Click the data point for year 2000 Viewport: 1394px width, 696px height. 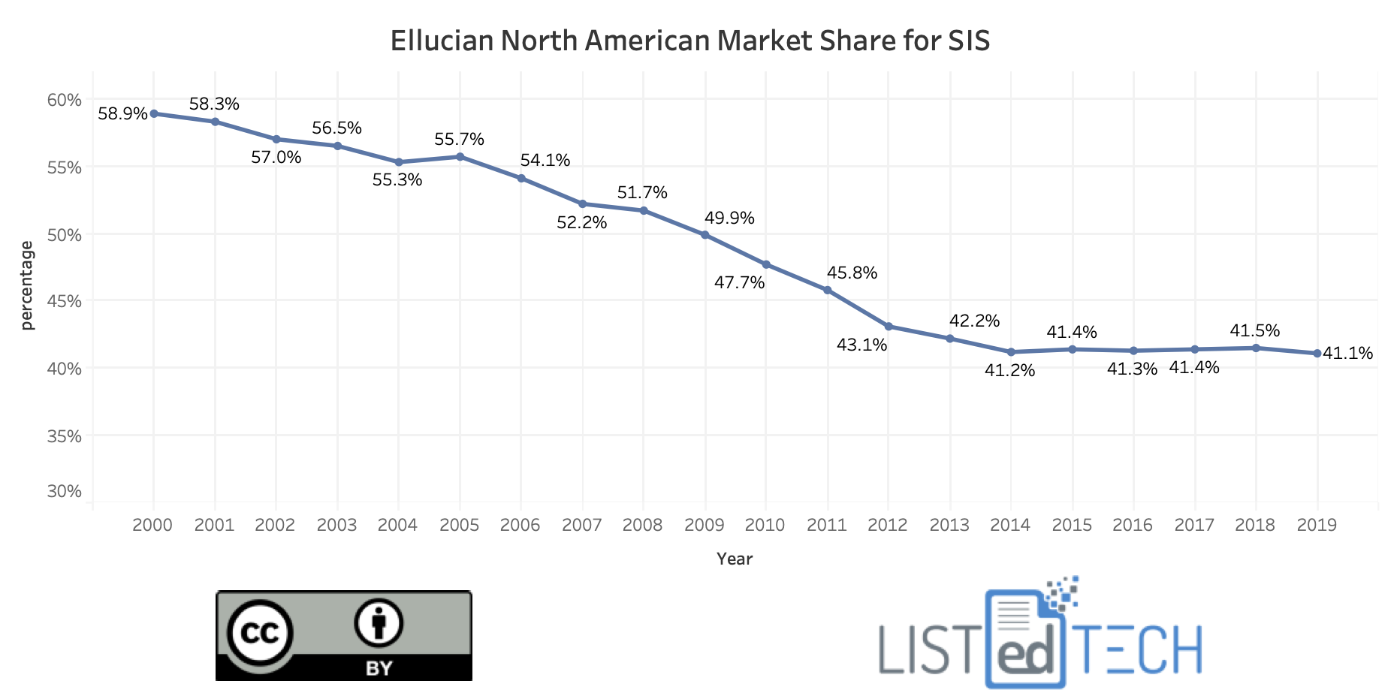[x=153, y=113]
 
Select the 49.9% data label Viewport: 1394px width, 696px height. [x=729, y=218]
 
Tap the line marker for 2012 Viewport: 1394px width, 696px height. [x=889, y=327]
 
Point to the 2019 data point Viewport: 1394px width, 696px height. [x=1317, y=354]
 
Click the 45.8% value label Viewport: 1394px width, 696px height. [x=852, y=273]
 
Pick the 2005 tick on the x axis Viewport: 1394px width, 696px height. [x=459, y=525]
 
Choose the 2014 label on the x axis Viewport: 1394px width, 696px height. [x=1010, y=525]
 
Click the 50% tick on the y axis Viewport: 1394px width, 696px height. [x=64, y=235]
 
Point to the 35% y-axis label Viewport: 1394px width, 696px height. [x=64, y=436]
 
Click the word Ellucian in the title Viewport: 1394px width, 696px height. [x=441, y=41]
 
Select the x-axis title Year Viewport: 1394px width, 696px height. [x=734, y=559]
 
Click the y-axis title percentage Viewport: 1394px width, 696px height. [x=27, y=285]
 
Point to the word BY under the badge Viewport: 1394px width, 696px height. [x=379, y=667]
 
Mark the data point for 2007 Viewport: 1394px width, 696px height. [x=582, y=204]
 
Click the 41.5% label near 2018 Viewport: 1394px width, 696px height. [x=1254, y=331]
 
